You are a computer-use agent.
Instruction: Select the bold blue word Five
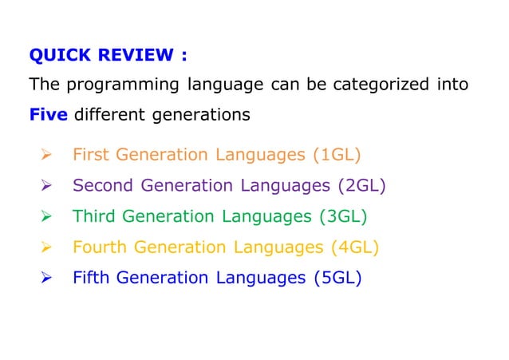pyautogui.click(x=48, y=115)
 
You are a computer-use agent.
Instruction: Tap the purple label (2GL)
pyautogui.click(x=361, y=186)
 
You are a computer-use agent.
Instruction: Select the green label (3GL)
pyautogui.click(x=346, y=216)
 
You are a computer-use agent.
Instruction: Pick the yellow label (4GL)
pyautogui.click(x=354, y=247)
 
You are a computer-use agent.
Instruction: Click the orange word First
pyautogui.click(x=90, y=155)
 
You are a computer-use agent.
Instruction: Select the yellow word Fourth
pyautogui.click(x=100, y=247)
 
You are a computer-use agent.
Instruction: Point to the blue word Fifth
pyautogui.click(x=90, y=279)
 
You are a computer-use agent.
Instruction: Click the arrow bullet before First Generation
pyautogui.click(x=45, y=155)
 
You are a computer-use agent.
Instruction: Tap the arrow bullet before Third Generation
pyautogui.click(x=45, y=216)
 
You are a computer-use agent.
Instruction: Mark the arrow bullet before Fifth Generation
pyautogui.click(x=45, y=279)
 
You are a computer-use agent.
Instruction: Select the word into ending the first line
pyautogui.click(x=452, y=85)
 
